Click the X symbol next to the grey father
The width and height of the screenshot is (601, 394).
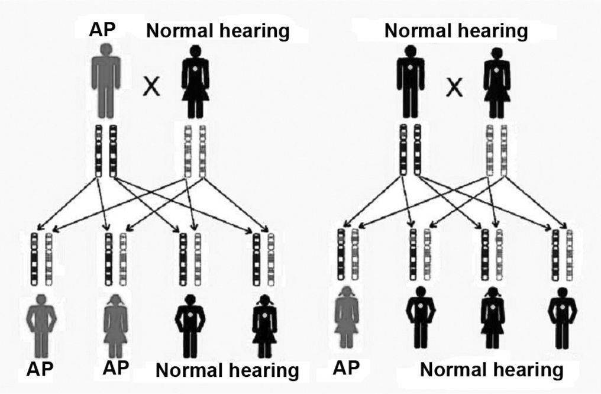click(x=152, y=88)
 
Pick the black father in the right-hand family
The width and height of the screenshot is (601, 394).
click(x=410, y=83)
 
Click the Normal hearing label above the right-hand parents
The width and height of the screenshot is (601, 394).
click(x=456, y=30)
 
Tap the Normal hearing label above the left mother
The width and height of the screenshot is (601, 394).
click(x=218, y=30)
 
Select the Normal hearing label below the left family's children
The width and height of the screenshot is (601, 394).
click(x=227, y=371)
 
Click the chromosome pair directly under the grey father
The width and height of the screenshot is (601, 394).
click(x=105, y=151)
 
